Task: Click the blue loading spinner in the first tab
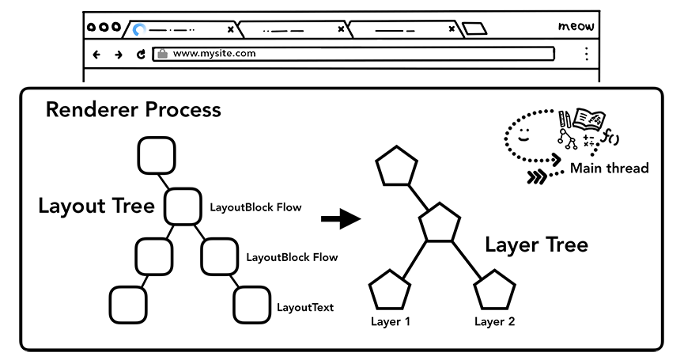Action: click(x=140, y=30)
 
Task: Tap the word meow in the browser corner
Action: click(x=576, y=27)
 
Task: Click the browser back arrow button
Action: click(x=96, y=55)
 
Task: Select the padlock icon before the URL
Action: click(x=162, y=54)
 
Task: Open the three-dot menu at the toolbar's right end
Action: click(x=586, y=54)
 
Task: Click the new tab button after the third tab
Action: click(x=474, y=29)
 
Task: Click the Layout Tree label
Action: click(x=96, y=207)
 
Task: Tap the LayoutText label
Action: click(x=304, y=307)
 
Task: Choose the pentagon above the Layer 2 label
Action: click(x=494, y=290)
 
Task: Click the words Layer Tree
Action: click(x=536, y=244)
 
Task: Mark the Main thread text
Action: click(x=609, y=168)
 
